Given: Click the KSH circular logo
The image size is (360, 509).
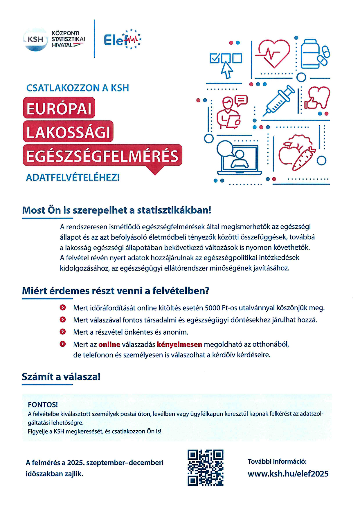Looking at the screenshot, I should pyautogui.click(x=35, y=39).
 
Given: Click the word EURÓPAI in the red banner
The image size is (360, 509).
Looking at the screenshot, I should pyautogui.click(x=59, y=109).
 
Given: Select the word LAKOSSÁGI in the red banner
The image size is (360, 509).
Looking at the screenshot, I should pyautogui.click(x=68, y=133).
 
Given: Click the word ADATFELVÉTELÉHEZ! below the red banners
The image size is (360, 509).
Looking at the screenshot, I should pyautogui.click(x=73, y=177).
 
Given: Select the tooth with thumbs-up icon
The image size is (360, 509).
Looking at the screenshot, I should pyautogui.click(x=317, y=99).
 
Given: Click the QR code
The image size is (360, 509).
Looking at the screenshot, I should pyautogui.click(x=206, y=467).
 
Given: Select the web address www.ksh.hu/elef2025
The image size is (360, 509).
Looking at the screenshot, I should pyautogui.click(x=288, y=474).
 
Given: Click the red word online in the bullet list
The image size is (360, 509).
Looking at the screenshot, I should pyautogui.click(x=109, y=344).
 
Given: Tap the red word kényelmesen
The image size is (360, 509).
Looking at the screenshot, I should pyautogui.click(x=179, y=344).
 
